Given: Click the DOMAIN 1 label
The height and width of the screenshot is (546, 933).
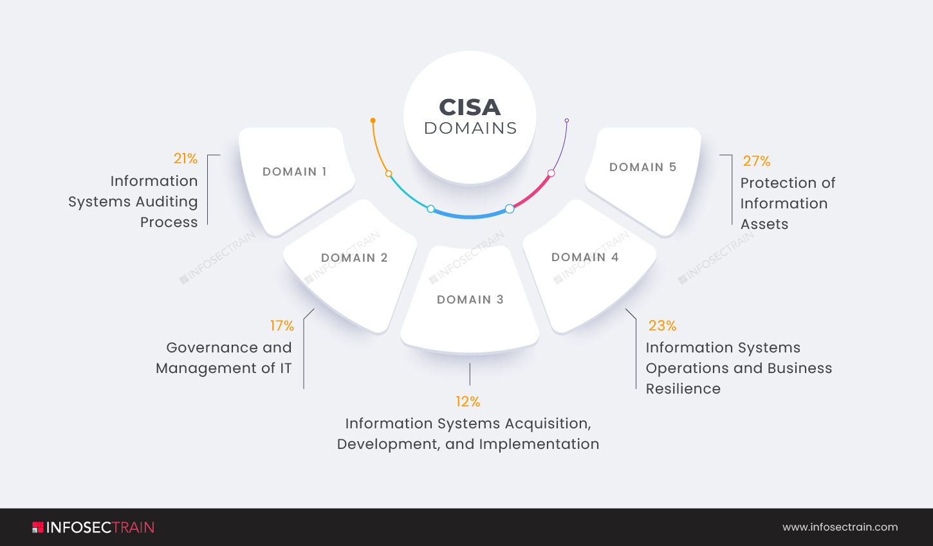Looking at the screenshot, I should (x=295, y=172).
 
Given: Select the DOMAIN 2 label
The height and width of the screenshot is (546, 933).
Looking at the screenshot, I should (x=355, y=258).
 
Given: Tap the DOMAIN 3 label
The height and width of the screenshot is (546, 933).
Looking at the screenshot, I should (x=470, y=300).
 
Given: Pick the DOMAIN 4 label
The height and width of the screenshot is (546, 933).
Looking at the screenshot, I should (x=585, y=257).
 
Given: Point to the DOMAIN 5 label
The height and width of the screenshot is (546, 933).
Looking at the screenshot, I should (x=643, y=167).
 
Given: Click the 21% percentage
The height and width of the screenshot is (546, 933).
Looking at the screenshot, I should (x=185, y=158).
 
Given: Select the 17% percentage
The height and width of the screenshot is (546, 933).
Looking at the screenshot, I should (x=282, y=326).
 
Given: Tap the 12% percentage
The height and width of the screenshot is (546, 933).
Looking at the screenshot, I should (x=468, y=402).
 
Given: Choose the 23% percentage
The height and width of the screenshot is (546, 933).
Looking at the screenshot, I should (x=662, y=326).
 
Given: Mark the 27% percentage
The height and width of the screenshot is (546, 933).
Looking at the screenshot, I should (x=756, y=161).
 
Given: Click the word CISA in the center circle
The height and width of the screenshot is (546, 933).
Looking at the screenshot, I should (x=470, y=107).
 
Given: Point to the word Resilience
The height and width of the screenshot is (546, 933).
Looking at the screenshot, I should (x=683, y=389).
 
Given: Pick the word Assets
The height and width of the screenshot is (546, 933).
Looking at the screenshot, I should (x=764, y=224).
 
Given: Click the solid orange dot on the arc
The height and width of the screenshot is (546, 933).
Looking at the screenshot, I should (x=373, y=120).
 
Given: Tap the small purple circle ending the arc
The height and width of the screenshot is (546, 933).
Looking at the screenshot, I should (x=566, y=120).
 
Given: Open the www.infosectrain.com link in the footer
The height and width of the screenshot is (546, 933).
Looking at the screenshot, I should (x=840, y=527).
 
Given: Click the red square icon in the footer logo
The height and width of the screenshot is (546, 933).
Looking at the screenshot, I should (x=38, y=527).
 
